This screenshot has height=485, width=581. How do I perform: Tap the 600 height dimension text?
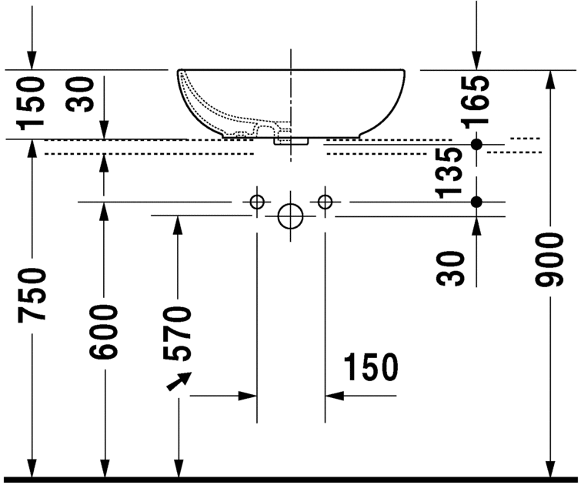[104, 331]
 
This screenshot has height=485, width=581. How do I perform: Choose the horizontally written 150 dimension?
[371, 367]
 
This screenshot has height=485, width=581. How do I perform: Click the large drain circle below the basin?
[291, 216]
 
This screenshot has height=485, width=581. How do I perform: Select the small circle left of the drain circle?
[257, 202]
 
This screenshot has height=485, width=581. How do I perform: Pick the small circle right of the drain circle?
[325, 202]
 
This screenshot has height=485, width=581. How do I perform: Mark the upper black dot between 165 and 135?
[476, 144]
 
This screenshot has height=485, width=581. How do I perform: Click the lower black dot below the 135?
[476, 202]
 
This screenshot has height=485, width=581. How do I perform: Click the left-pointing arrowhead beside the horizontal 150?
[334, 396]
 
